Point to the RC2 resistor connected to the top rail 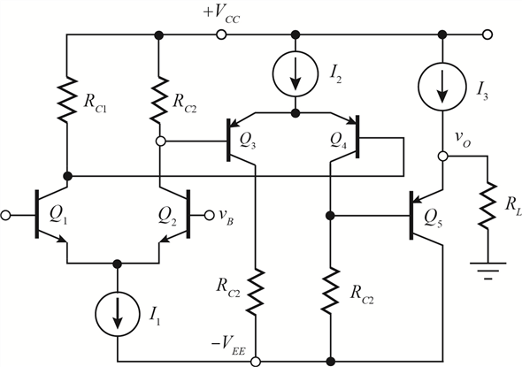click(x=159, y=96)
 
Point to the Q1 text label click(x=60, y=216)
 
